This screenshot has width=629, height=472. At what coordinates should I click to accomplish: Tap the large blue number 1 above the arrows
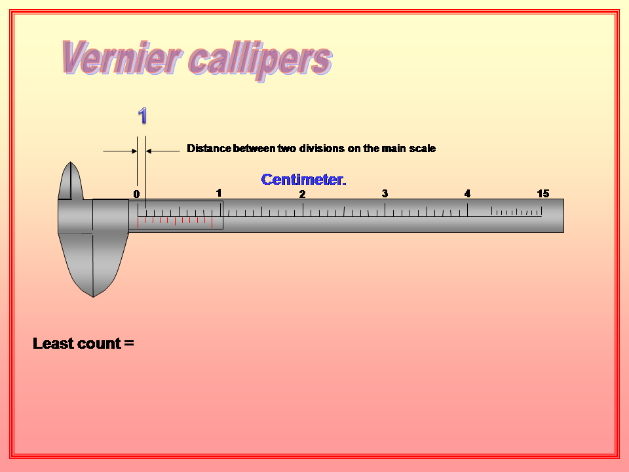click(142, 116)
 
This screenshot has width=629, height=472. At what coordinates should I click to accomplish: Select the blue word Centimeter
click(303, 180)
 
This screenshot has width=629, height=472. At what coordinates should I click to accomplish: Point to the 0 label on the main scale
click(136, 194)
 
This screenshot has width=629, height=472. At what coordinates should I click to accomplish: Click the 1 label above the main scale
click(219, 193)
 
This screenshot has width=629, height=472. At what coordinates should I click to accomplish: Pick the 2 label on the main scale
click(302, 194)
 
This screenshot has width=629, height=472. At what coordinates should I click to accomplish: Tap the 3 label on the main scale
click(385, 193)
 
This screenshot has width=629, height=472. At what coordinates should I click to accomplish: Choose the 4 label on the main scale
click(467, 193)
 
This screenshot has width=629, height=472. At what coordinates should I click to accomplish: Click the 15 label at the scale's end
click(543, 193)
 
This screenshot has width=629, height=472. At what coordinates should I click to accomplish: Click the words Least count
click(77, 344)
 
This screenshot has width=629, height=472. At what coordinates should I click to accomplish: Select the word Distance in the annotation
click(209, 149)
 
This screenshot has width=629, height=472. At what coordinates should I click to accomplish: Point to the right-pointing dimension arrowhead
click(134, 151)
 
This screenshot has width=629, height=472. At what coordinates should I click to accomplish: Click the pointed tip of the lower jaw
click(93, 295)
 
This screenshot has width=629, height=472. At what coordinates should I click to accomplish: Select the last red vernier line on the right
click(204, 220)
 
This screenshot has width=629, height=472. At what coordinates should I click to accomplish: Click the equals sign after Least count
click(128, 344)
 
